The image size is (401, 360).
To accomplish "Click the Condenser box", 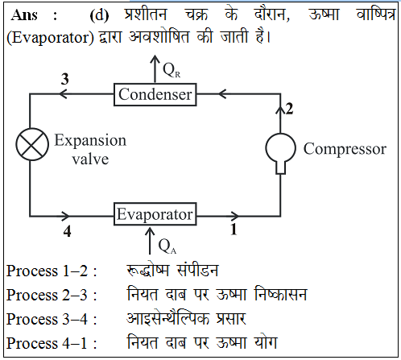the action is pos(155,94).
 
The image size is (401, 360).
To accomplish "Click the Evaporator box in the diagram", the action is pos(155,214).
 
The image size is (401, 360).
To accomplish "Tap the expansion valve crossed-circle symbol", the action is pos(32,144).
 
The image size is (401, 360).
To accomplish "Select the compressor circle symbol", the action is pos(281,148).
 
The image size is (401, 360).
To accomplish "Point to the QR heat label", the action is pos(172,70).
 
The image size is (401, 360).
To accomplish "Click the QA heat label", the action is pos(167,246).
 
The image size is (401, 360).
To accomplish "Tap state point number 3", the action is pos(64,79).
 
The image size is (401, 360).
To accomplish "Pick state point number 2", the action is pos(289,109).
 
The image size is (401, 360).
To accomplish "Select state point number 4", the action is pos(67,231).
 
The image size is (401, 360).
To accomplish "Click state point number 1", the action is pos(234,230).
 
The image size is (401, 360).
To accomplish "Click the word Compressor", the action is pos(345,149).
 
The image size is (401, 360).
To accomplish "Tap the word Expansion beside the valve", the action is pos(90,140).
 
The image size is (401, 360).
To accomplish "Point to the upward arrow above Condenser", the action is pos(155,68).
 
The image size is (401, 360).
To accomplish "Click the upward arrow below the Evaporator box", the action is pos(150,241).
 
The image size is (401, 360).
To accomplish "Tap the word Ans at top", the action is pos(24,14).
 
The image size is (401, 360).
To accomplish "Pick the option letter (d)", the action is pos(99,15).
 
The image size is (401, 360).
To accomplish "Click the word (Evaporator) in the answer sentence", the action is pos(50,38).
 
